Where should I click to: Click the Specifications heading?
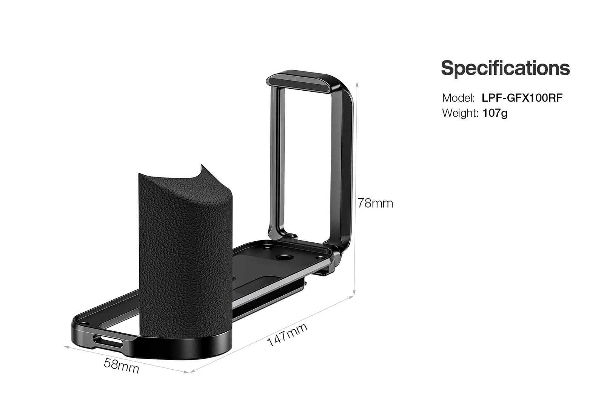[505, 68]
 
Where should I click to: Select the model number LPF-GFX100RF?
[522, 98]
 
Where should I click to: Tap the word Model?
[458, 98]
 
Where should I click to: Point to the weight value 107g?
[495, 113]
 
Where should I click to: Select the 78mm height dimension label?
[375, 203]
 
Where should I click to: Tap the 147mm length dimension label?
[287, 335]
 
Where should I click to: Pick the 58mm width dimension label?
[121, 366]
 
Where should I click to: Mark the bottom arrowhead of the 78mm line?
[354, 295]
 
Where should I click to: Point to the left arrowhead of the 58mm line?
[66, 346]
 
